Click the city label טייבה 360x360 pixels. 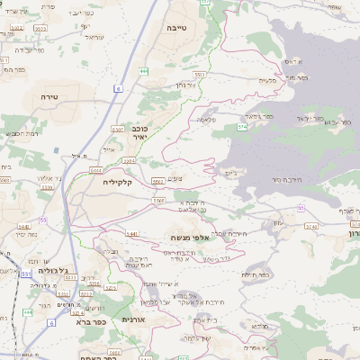[176, 28]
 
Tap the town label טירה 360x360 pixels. [49, 94]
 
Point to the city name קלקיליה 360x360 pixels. [118, 183]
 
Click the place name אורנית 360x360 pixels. [133, 319]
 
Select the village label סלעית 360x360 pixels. [267, 80]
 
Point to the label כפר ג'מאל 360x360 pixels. [258, 116]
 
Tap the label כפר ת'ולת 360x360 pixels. [256, 274]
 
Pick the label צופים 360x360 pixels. [176, 179]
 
